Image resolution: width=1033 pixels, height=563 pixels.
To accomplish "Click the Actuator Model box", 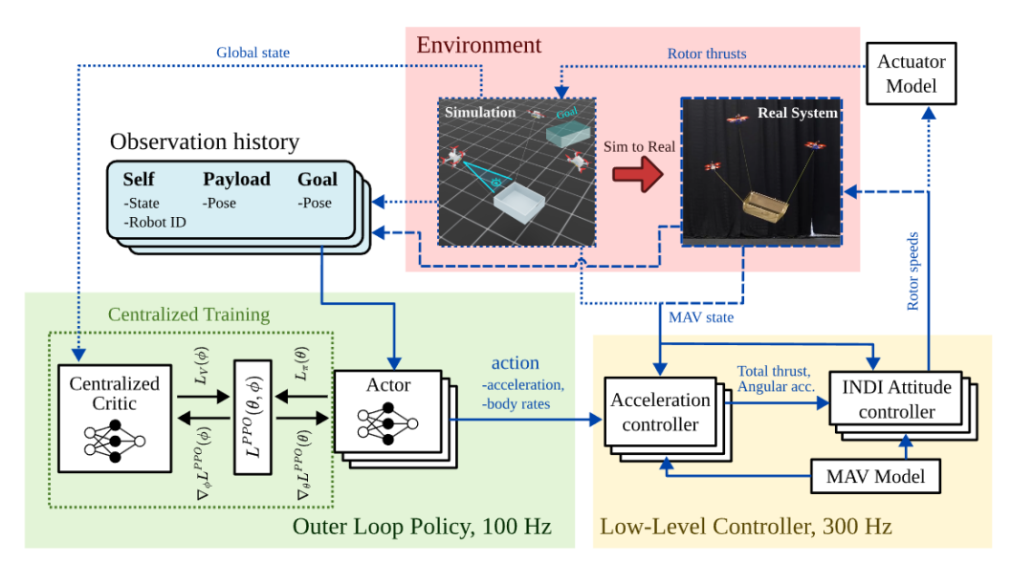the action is (911, 74).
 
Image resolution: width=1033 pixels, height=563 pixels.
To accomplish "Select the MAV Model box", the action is (875, 476).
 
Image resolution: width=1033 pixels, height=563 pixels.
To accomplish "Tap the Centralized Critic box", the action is (115, 418).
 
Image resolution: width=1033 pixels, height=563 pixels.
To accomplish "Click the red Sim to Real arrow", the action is (638, 174).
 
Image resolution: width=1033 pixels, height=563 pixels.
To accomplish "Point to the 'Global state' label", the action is (253, 53).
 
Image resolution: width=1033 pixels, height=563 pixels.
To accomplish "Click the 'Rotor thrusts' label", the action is (707, 54).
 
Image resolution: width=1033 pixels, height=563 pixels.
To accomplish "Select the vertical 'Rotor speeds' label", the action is (912, 271).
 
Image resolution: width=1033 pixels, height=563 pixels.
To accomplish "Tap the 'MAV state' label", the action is (701, 317).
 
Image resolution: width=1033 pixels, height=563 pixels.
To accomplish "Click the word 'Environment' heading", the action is (479, 45).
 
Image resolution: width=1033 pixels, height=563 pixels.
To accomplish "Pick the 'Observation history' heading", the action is (205, 141).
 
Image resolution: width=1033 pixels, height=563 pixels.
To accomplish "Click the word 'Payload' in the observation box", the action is (236, 179).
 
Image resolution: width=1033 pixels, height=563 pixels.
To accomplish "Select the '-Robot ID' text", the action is (155, 223).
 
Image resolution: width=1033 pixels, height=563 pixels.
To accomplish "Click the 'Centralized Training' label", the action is (189, 314).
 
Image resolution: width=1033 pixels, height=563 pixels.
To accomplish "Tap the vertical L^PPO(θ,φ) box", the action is (253, 417).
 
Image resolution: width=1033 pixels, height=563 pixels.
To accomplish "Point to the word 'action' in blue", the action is (516, 363).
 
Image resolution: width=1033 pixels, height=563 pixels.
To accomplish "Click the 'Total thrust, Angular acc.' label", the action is (776, 379).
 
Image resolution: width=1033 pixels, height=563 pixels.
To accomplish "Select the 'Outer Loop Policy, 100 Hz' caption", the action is (422, 526).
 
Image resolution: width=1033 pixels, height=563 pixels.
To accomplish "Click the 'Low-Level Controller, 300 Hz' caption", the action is (746, 526).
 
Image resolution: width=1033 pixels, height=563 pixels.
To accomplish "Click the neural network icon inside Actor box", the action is (387, 423).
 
